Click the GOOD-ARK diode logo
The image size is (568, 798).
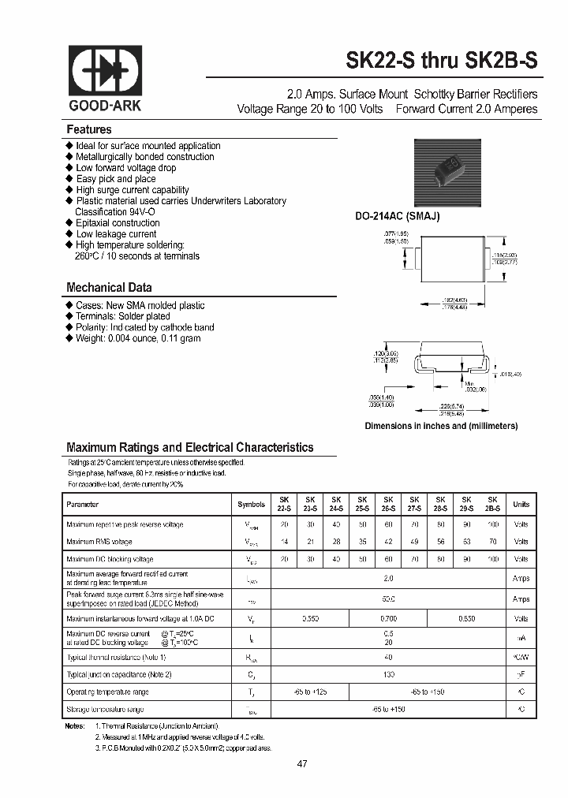[106, 72]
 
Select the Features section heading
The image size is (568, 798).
[89, 129]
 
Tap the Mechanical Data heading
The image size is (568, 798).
[109, 288]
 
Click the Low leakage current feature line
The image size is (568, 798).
[116, 234]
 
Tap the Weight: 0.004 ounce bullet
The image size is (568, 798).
[138, 338]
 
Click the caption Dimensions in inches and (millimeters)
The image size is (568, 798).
[441, 426]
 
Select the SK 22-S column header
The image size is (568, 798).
[284, 504]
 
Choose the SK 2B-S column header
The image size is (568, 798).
[492, 504]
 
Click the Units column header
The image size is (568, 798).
[521, 504]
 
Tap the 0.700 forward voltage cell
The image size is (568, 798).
[388, 619]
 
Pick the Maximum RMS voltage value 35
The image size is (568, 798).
[362, 542]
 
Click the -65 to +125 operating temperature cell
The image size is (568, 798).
[310, 692]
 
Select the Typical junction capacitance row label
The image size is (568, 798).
[119, 674]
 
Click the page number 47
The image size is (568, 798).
[303, 763]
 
